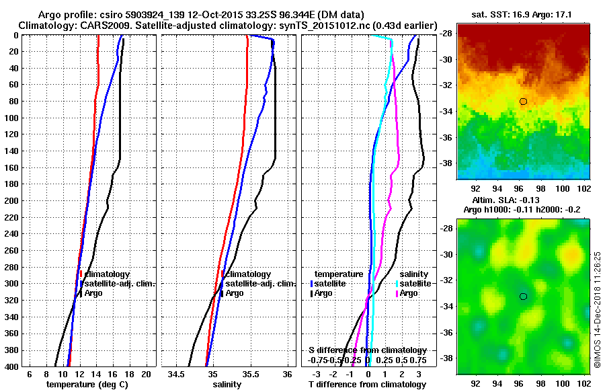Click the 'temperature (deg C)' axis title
87,385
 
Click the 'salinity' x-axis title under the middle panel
227,385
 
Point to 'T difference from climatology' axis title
367,385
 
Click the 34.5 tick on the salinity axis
177,374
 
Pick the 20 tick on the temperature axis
145,374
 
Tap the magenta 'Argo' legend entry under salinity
411,293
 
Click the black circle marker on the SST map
523,102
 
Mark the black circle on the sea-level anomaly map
523,297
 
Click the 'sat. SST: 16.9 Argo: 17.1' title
520,15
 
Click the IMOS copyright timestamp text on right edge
597,309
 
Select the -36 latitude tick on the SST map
446,137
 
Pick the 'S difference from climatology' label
367,350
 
